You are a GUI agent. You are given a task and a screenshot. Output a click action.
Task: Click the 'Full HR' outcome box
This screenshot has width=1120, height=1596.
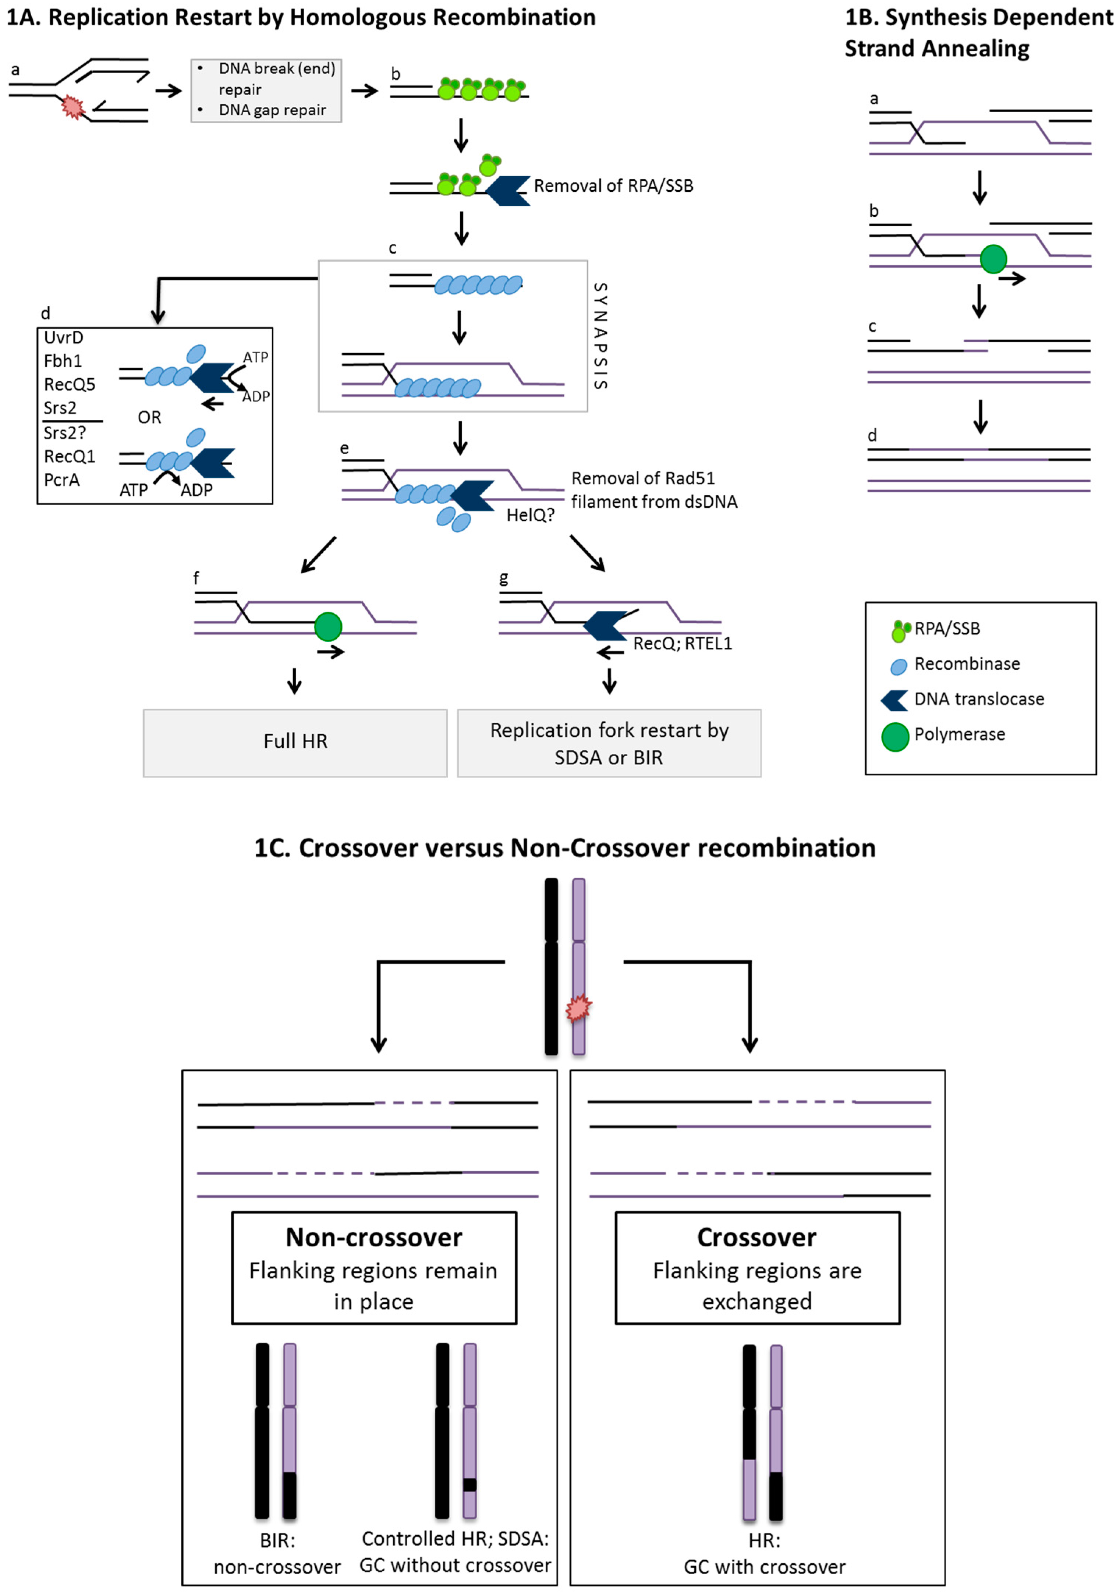click(295, 742)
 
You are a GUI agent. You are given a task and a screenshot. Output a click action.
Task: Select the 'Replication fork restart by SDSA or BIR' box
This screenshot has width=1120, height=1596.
click(609, 742)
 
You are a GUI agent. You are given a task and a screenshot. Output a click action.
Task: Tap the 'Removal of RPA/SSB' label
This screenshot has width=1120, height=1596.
click(613, 185)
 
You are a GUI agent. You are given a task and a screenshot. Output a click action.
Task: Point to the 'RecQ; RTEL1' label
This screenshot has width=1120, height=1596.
click(682, 644)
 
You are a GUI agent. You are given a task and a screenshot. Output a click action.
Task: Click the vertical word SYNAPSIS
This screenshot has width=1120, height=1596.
click(601, 336)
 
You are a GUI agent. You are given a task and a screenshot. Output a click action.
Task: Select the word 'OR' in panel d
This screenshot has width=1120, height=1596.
click(149, 417)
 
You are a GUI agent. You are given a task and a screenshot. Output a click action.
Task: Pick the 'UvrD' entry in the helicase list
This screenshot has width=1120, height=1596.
click(63, 338)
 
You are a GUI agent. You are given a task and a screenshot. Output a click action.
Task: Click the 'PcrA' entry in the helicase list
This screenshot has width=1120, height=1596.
click(62, 479)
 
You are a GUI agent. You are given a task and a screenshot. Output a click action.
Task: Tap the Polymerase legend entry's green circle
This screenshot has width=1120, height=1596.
click(896, 737)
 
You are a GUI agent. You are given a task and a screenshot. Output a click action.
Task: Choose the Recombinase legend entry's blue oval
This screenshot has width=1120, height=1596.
click(899, 666)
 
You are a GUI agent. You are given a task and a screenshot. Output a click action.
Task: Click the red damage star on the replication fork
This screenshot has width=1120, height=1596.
click(72, 107)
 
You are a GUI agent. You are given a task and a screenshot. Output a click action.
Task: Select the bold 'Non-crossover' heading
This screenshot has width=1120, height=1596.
click(374, 1236)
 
